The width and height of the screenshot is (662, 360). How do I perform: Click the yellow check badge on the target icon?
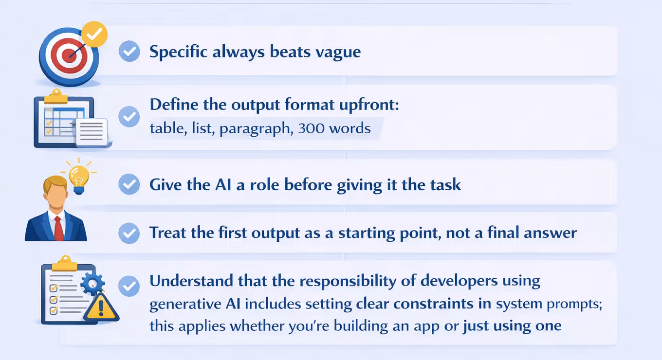(x=94, y=34)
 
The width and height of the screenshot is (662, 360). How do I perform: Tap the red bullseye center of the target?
(x=69, y=55)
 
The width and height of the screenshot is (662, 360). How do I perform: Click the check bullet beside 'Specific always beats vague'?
(x=129, y=52)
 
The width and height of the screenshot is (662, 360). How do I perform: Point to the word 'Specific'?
(x=179, y=52)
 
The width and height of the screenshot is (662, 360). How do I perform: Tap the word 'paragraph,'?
(x=257, y=129)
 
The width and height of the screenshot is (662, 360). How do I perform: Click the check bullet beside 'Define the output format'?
(x=129, y=117)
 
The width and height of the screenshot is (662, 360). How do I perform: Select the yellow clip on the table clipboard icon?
(x=56, y=97)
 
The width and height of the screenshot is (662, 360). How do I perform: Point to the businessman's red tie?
(x=58, y=228)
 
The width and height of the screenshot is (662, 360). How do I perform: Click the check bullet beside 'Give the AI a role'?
(x=129, y=184)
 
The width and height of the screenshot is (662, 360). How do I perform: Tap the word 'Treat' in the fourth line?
(x=167, y=233)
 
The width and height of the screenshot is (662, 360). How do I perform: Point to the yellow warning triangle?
(x=101, y=307)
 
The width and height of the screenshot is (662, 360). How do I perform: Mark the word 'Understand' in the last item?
(x=191, y=281)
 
